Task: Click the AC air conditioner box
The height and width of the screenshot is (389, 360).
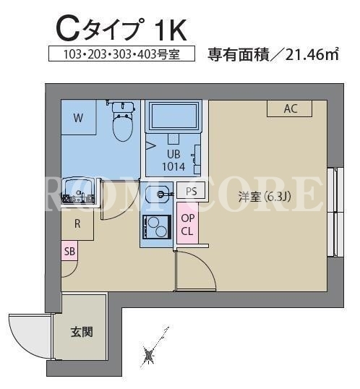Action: (289, 108)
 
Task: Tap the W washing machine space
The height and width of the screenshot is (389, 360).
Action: (78, 117)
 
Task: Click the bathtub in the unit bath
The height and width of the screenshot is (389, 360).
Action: (174, 116)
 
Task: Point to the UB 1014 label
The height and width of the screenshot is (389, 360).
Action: (173, 161)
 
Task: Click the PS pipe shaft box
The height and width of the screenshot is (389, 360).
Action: (191, 191)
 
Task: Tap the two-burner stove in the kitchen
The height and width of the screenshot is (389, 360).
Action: (157, 227)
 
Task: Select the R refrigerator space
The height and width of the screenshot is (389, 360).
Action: (77, 224)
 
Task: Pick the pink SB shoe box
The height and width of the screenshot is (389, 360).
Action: (69, 251)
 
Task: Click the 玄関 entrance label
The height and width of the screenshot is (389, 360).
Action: (82, 332)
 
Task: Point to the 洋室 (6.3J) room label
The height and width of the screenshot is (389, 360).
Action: (265, 197)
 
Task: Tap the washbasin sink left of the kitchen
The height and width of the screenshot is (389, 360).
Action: (78, 189)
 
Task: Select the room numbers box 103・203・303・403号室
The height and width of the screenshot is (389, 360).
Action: (121, 54)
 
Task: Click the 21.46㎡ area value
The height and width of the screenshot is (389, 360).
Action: (312, 55)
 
